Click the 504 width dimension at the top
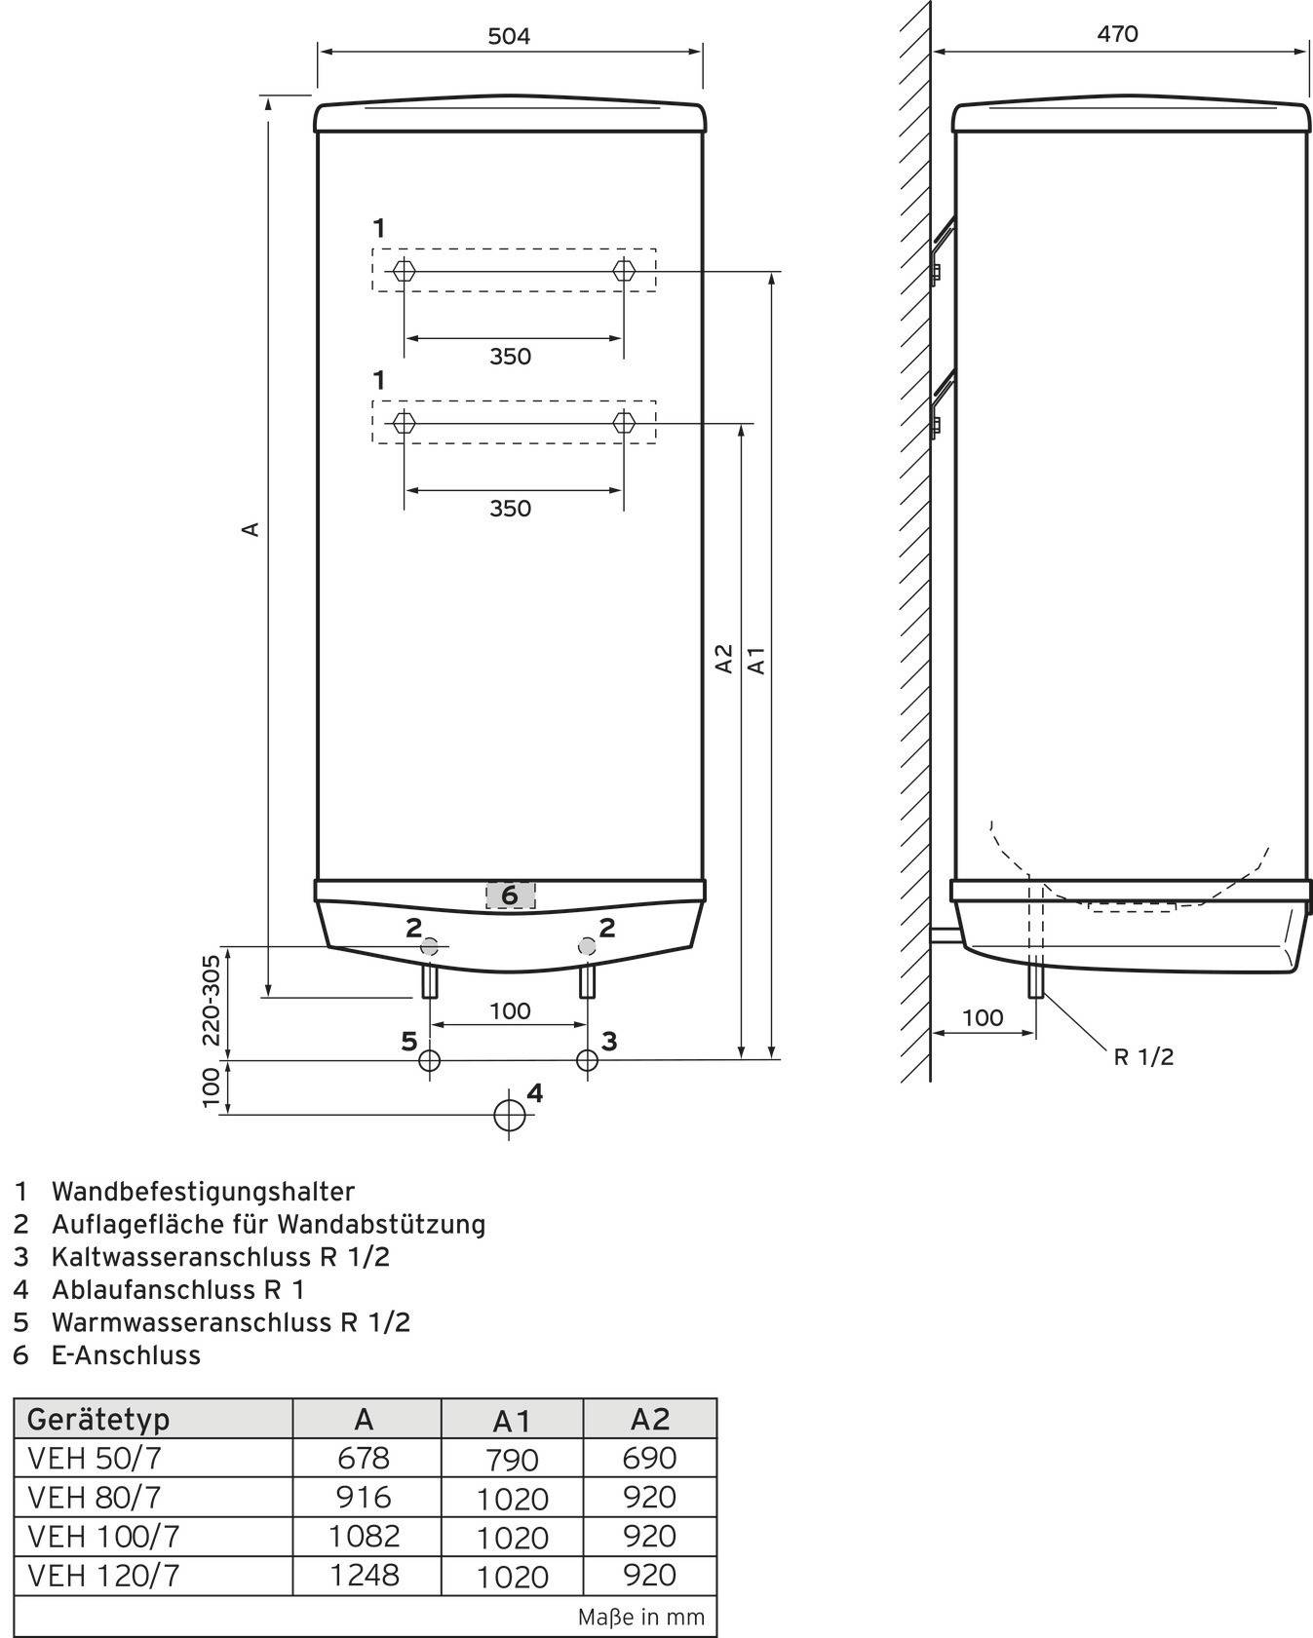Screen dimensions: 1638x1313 (x=509, y=37)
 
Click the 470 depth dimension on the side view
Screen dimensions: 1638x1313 (x=1117, y=34)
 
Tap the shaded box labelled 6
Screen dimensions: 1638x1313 (x=510, y=895)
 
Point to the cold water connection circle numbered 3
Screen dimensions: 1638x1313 (x=587, y=1060)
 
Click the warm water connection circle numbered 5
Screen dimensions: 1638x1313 (x=429, y=1060)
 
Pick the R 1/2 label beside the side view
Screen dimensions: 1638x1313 (x=1143, y=1056)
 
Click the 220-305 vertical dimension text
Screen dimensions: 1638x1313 (x=211, y=999)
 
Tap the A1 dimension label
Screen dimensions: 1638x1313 (x=757, y=660)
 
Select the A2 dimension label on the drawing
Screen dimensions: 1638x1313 (x=724, y=658)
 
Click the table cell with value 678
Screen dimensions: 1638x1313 (x=363, y=1458)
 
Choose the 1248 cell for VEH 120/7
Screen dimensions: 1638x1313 (x=363, y=1575)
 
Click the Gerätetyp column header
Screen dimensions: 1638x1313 (x=98, y=1419)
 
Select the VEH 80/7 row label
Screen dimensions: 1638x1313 (x=95, y=1498)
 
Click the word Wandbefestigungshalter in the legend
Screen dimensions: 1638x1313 (x=203, y=1191)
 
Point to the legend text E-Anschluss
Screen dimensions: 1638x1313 (x=126, y=1354)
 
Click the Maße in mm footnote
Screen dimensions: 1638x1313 (x=640, y=1618)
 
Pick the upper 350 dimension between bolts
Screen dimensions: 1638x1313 (x=510, y=357)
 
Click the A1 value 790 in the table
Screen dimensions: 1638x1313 (x=512, y=1460)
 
